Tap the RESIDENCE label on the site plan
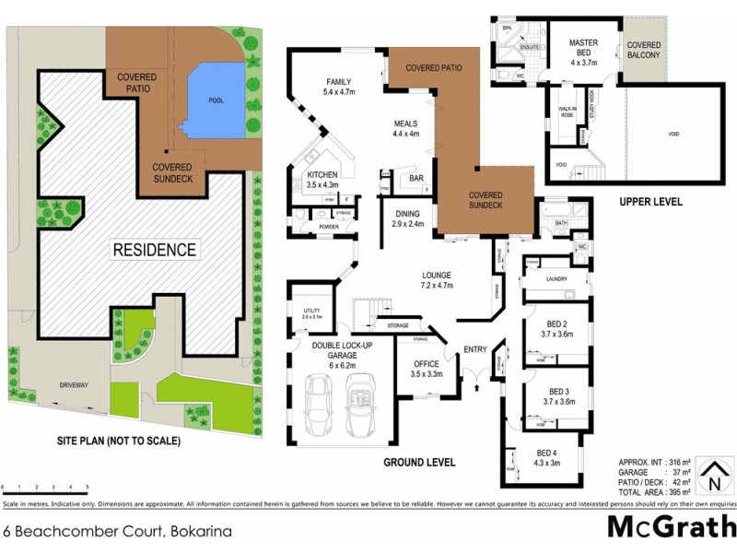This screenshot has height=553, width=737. [x=154, y=249]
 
